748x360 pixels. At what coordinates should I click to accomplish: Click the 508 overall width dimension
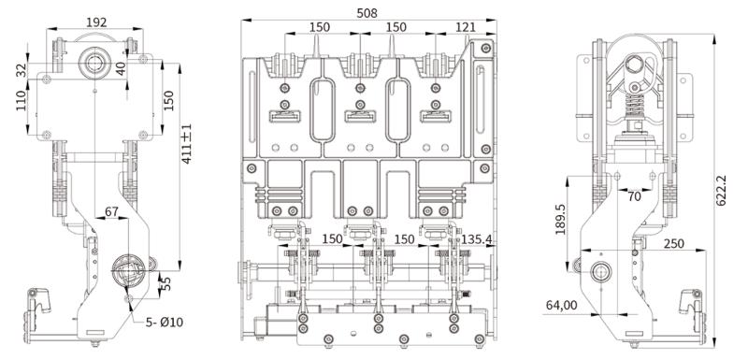pyautogui.click(x=367, y=13)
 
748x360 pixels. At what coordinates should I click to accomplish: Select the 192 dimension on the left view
pyautogui.click(x=96, y=22)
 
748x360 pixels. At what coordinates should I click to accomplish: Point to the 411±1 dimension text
pyautogui.click(x=186, y=144)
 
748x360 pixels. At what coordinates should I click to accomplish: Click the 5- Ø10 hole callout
pyautogui.click(x=165, y=323)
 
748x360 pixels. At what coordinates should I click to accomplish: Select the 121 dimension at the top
pyautogui.click(x=466, y=27)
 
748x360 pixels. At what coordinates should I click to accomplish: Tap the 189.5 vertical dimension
pyautogui.click(x=560, y=220)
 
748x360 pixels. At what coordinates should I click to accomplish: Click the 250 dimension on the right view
pyautogui.click(x=673, y=243)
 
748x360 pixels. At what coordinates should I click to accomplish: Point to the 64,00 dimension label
pyautogui.click(x=560, y=305)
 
